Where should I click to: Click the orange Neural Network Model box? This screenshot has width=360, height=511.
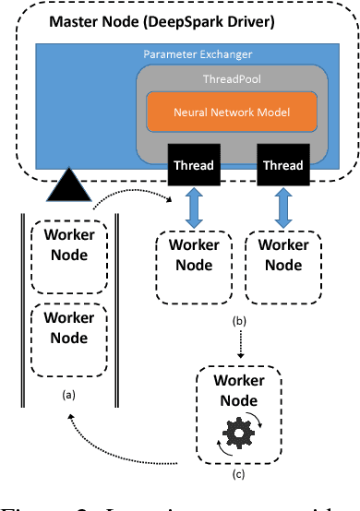(x=233, y=113)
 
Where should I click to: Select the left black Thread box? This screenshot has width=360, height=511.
(x=194, y=166)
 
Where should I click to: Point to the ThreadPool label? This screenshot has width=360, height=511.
(x=232, y=81)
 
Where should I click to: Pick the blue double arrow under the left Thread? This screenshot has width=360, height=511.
(x=194, y=208)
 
